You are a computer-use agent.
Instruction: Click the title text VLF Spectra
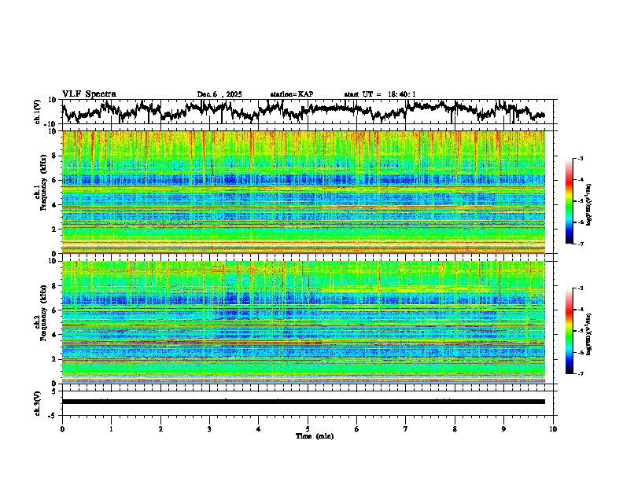(89, 94)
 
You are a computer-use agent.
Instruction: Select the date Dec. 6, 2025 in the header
(219, 94)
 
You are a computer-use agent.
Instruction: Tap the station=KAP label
(291, 94)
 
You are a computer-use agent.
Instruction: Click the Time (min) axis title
(308, 435)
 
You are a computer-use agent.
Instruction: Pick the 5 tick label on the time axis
(308, 428)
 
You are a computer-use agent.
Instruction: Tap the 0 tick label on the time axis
(62, 428)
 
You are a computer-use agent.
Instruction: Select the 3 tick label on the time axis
(209, 428)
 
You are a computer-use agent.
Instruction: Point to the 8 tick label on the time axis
(455, 428)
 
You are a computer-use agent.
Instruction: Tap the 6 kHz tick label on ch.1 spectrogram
(54, 180)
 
